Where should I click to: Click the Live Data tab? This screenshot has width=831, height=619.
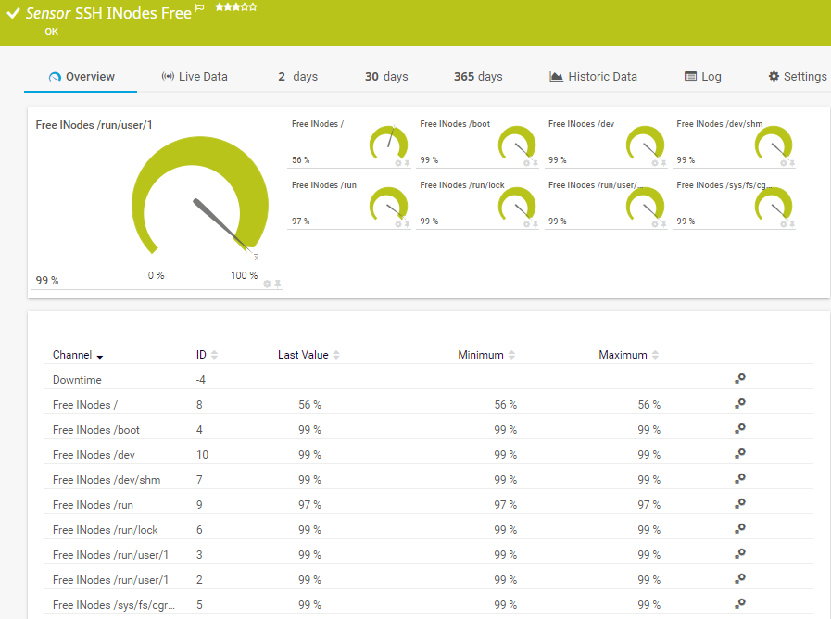tap(195, 77)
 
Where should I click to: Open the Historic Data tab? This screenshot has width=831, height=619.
tap(593, 77)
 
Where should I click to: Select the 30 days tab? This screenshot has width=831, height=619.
tap(386, 77)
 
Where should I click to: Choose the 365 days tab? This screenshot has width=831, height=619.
tap(478, 77)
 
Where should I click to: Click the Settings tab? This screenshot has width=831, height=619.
tap(798, 77)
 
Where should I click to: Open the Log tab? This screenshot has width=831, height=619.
tap(702, 77)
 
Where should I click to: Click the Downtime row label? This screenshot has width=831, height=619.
tap(77, 380)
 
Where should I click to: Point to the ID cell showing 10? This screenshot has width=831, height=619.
tap(202, 455)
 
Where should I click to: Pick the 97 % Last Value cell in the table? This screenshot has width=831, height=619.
tap(309, 505)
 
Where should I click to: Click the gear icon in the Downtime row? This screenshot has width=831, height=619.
tap(739, 379)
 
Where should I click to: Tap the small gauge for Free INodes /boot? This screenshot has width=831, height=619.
tap(517, 144)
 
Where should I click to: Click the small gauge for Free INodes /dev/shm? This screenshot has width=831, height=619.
tap(774, 144)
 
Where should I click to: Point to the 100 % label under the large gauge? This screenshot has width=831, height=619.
tap(245, 275)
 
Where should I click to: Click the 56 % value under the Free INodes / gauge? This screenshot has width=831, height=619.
tap(301, 160)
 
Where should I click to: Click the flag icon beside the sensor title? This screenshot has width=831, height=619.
tap(199, 9)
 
